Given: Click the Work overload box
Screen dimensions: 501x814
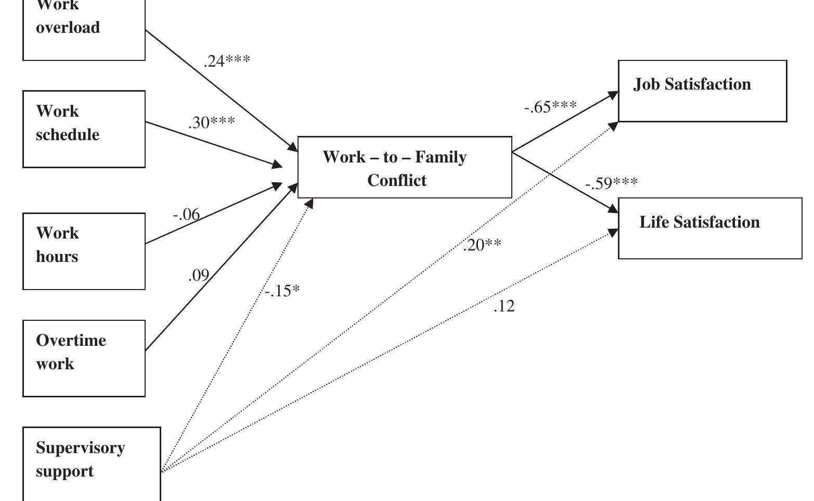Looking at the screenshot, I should (84, 29).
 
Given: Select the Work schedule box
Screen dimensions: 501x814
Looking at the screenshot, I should (84, 129).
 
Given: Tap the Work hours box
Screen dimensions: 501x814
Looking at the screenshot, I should (84, 251).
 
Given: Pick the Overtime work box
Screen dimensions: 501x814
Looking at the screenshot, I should (84, 358).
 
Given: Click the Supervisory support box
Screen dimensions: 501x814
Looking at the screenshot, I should (92, 464).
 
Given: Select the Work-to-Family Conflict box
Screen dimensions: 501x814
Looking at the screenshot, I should (405, 167).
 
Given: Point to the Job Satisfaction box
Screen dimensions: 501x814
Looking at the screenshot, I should (702, 91).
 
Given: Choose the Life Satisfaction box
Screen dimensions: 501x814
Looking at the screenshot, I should (710, 228).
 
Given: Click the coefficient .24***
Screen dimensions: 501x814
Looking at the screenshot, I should (227, 61).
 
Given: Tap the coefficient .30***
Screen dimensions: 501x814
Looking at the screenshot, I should (212, 122).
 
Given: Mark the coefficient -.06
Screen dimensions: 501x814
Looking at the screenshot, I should (186, 214).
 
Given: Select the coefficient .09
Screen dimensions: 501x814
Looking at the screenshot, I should (198, 275).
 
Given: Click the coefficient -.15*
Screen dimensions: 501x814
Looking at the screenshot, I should (282, 291).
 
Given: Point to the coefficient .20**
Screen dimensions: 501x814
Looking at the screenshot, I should (482, 245).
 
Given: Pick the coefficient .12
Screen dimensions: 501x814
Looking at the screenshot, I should (504, 306).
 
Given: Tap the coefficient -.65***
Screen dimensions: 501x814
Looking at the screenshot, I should (550, 107).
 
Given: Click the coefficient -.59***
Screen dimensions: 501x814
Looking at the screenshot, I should (611, 183).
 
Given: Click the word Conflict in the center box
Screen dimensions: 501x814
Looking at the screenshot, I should (396, 180).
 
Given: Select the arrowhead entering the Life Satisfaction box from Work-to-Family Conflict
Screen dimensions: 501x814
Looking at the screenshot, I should (613, 209).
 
